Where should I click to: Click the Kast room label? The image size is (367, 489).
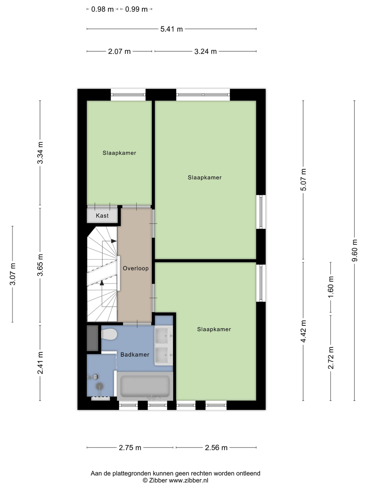pyautogui.click(x=102, y=215)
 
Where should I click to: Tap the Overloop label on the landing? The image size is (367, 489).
pyautogui.click(x=135, y=268)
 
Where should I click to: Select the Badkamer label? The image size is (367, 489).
pyautogui.click(x=135, y=354)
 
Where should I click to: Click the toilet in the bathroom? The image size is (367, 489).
pyautogui.click(x=109, y=335)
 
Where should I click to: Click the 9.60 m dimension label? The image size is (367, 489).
pyautogui.click(x=354, y=250)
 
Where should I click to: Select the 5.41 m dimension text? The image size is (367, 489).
pyautogui.click(x=172, y=29)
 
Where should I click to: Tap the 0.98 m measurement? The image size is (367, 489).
pyautogui.click(x=102, y=10)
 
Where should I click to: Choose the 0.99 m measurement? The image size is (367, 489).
pyautogui.click(x=137, y=10)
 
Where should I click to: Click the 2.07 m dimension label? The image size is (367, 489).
pyautogui.click(x=119, y=51)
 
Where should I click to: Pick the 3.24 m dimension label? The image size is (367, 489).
pyautogui.click(x=206, y=51)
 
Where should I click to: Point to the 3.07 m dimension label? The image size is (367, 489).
pyautogui.click(x=12, y=274)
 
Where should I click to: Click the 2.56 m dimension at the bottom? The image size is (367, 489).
pyautogui.click(x=216, y=448)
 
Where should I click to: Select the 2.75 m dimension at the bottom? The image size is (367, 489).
pyautogui.click(x=130, y=448)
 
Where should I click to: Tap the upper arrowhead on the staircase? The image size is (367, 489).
pyautogui.click(x=114, y=241)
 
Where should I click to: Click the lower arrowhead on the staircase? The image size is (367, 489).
pyautogui.click(x=102, y=283)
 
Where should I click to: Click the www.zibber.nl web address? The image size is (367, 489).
pyautogui.click(x=189, y=481)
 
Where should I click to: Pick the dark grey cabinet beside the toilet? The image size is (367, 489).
pyautogui.click(x=92, y=338)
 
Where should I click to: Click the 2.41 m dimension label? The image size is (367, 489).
pyautogui.click(x=40, y=363)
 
